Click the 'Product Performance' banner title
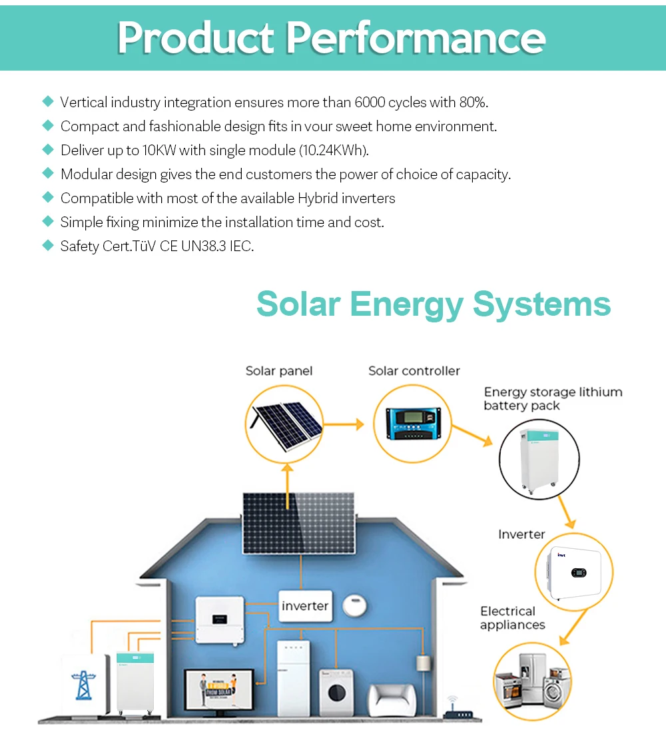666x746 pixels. (332, 38)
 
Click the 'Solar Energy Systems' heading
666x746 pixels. (434, 304)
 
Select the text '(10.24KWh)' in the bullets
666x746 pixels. (334, 151)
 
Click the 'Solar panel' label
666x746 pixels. (279, 371)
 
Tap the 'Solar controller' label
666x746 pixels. (414, 371)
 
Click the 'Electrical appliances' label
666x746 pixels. (512, 618)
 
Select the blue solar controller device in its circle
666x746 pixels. (413, 424)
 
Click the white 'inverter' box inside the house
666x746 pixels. (305, 606)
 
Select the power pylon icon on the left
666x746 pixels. (83, 683)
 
